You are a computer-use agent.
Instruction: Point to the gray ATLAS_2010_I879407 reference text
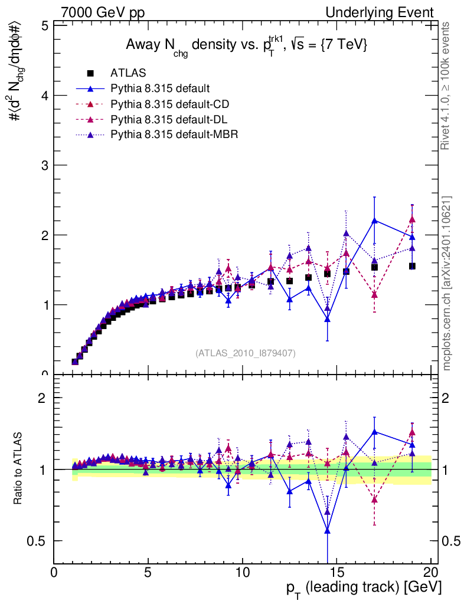point(246,353)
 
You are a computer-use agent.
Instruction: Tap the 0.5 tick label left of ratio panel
point(41,541)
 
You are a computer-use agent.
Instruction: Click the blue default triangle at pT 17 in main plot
point(374,221)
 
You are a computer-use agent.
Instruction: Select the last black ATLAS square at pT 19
point(412,266)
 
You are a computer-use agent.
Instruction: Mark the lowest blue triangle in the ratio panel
point(327,531)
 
